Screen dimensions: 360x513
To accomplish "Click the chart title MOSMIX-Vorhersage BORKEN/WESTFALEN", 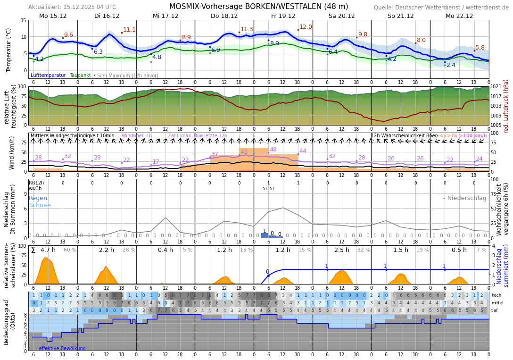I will [x=258, y=7].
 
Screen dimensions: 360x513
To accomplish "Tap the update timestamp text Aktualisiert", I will [x=72, y=7].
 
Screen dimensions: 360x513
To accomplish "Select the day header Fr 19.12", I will [x=283, y=16].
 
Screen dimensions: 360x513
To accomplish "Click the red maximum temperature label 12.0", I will [x=306, y=27].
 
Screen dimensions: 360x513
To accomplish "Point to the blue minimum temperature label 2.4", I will [x=451, y=65].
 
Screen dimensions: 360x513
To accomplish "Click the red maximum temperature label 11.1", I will [x=129, y=30].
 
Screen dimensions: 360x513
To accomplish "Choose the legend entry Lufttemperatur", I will [x=48, y=75].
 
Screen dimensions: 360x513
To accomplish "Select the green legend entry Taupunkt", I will [x=80, y=75].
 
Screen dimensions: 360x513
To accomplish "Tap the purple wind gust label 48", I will [x=273, y=150].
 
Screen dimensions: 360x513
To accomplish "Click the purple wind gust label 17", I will [x=156, y=162].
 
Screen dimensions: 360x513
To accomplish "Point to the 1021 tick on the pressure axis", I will [x=496, y=87].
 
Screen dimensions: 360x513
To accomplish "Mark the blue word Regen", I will [x=38, y=198].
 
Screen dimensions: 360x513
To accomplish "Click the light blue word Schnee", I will [x=40, y=205].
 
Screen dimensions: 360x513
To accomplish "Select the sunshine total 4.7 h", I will [x=48, y=250].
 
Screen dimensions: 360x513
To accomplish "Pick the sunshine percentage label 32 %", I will [x=364, y=250].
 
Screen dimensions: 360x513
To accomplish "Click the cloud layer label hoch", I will [x=496, y=295].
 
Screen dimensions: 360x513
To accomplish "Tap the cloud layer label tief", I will [x=495, y=310].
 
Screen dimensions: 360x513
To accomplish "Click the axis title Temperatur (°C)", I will [x=9, y=50].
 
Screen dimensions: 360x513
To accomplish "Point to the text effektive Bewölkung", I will [x=62, y=349].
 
